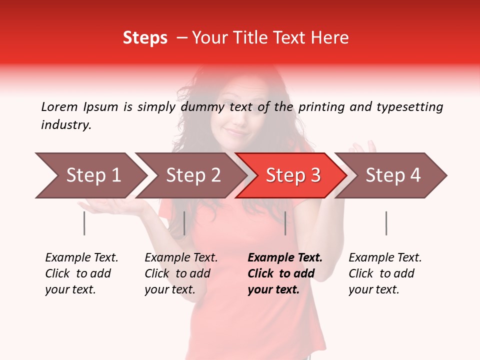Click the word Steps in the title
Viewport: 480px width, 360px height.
click(x=145, y=38)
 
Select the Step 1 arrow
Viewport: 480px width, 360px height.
click(x=90, y=175)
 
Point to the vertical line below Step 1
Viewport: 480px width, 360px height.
click(x=84, y=223)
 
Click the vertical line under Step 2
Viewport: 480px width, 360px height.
click(x=184, y=223)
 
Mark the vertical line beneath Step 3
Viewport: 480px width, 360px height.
click(x=285, y=223)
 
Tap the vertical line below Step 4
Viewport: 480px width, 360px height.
click(x=386, y=223)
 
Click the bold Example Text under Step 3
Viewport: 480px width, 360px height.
click(x=285, y=273)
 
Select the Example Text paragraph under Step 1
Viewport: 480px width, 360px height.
click(x=81, y=273)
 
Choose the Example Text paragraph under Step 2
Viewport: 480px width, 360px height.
click(x=181, y=273)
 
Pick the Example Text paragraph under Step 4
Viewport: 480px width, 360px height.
click(x=385, y=273)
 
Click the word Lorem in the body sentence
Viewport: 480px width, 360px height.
click(x=59, y=107)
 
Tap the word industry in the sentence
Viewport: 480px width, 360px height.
click(x=65, y=125)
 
